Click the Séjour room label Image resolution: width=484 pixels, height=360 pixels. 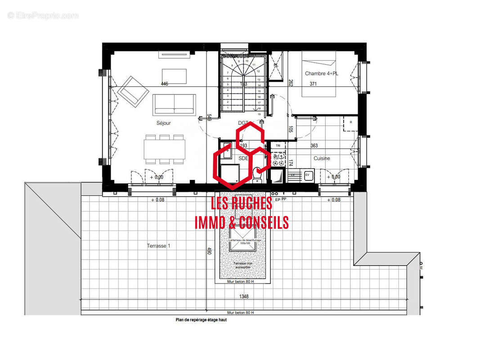164,123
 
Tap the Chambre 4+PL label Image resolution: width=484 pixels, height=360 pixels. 321,73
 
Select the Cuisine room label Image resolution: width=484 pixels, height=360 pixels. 322,158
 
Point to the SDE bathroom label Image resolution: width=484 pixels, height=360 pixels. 243,158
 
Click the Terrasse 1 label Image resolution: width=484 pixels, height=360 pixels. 158,246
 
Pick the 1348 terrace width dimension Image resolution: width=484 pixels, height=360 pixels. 244,297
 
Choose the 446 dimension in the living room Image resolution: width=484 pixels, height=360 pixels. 164,84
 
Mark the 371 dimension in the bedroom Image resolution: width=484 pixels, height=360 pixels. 314,84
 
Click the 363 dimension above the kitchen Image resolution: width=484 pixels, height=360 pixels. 314,146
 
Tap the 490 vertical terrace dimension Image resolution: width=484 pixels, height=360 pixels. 209,251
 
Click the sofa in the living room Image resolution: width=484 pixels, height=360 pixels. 174,104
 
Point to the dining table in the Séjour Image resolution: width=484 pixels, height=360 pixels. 165,149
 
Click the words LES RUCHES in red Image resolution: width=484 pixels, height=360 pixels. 242,203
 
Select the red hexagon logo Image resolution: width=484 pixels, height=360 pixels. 242,155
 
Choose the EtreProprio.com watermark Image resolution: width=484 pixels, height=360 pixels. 43,15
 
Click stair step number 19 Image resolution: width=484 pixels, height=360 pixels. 260,114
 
